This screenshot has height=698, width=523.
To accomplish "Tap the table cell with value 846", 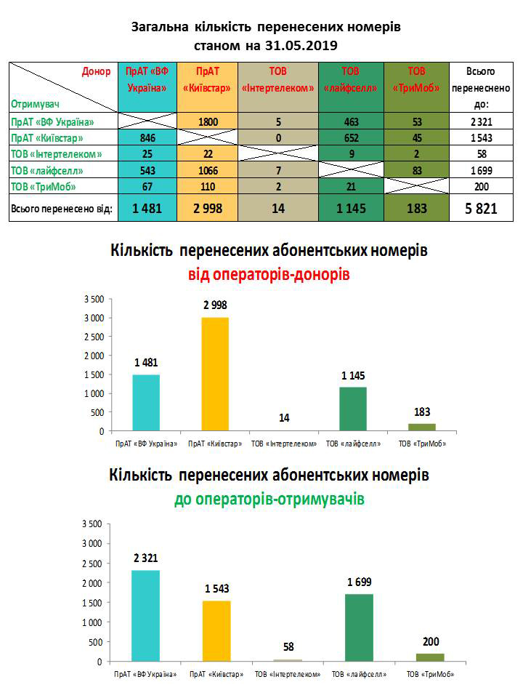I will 146,138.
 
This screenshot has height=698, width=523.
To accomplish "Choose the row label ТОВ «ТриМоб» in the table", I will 44,186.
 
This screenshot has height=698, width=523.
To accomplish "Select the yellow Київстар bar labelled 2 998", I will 214,374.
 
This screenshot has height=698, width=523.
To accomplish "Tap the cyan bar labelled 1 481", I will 146,402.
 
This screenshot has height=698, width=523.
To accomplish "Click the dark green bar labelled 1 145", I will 352,409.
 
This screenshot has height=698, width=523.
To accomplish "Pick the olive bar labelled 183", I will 421,427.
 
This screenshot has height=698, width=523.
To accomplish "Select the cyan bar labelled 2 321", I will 146,615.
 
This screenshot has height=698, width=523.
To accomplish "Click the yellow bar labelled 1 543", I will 216,630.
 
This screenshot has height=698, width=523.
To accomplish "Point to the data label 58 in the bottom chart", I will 288,646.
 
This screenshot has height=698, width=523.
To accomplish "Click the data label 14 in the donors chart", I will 283,418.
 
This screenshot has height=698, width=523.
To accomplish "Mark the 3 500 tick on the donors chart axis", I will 94,299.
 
